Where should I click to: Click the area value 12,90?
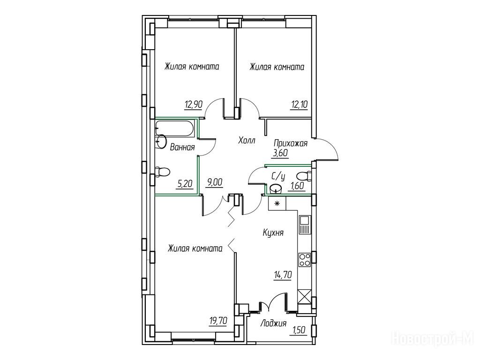click(193, 105)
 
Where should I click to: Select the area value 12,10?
click(299, 105)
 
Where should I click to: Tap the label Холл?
click(247, 141)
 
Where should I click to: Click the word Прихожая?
click(291, 143)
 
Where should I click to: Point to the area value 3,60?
click(281, 153)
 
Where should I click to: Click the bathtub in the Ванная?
click(174, 128)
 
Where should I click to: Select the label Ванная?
click(182, 148)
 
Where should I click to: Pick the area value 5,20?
click(185, 184)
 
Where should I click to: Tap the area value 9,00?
click(215, 183)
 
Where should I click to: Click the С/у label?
click(278, 176)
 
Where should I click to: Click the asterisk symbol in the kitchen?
click(277, 203)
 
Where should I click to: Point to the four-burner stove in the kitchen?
click(305, 260)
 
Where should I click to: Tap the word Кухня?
click(273, 232)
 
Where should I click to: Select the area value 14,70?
click(282, 275)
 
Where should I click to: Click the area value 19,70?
click(218, 321)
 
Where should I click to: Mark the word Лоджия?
click(273, 323)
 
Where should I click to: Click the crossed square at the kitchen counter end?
click(305, 296)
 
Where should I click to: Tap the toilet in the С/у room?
click(304, 177)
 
